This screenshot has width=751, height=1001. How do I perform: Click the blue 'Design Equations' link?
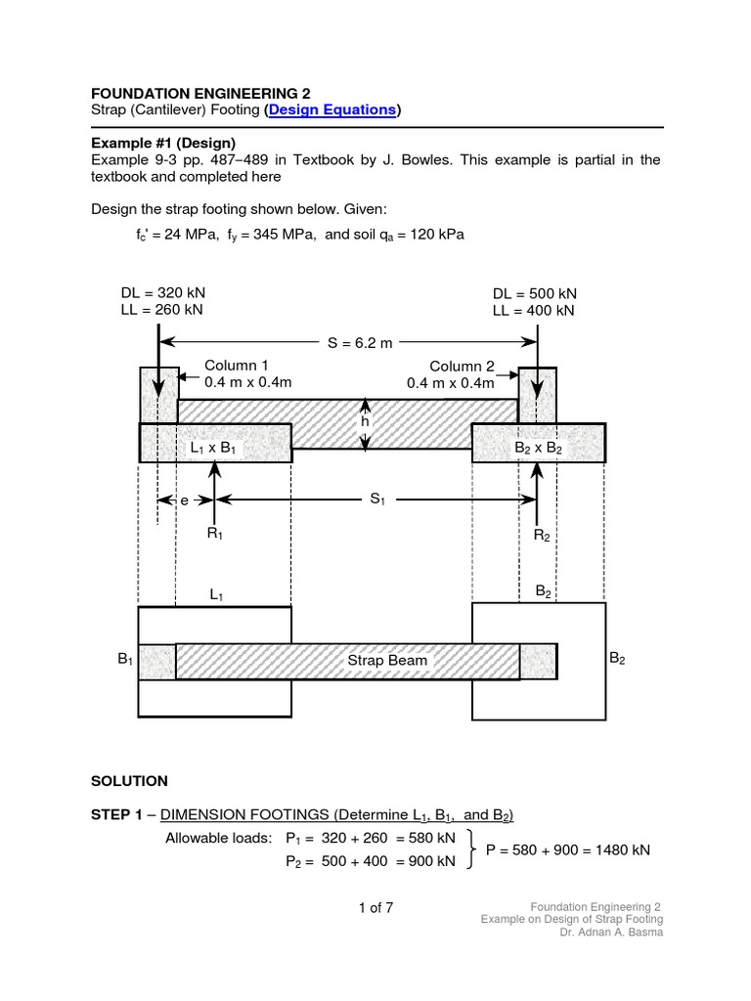(x=332, y=110)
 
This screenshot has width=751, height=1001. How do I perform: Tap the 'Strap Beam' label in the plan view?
(x=388, y=660)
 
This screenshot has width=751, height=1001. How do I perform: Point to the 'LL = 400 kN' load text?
(x=534, y=311)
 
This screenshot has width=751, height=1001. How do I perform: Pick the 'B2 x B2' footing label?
(x=539, y=448)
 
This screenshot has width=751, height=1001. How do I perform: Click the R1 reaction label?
(x=215, y=534)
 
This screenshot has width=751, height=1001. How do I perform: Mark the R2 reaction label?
(x=542, y=535)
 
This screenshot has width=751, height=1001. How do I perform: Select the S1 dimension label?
(x=377, y=500)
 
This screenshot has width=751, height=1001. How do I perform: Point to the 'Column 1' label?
(x=236, y=366)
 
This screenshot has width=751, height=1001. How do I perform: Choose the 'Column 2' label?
(x=462, y=367)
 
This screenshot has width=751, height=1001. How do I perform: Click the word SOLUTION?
(x=129, y=781)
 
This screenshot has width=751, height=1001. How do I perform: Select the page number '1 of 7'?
(x=375, y=907)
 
